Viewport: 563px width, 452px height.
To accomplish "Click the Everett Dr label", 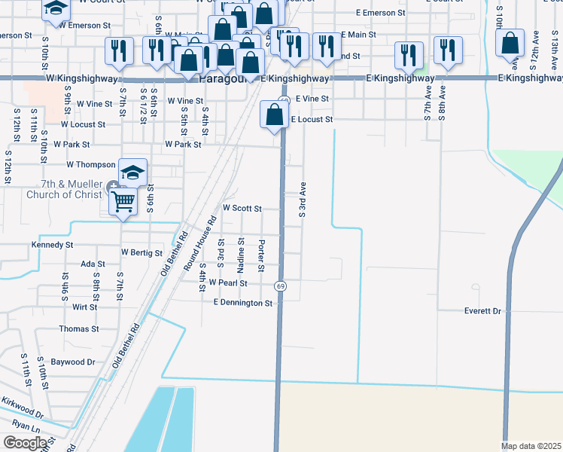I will [482, 310].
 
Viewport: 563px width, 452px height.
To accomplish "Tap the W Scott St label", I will [242, 208].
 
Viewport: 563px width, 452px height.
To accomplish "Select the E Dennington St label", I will [242, 303].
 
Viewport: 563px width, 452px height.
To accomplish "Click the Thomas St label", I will [79, 329].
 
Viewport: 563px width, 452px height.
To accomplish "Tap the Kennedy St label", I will [52, 245].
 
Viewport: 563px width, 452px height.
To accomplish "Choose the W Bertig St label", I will [142, 252].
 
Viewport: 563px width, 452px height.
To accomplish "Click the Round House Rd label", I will [200, 239].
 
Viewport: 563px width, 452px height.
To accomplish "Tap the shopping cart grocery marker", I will [123, 201].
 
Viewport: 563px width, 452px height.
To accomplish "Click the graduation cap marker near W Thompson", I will [132, 173].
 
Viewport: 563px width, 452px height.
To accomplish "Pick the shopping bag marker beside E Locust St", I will [274, 115].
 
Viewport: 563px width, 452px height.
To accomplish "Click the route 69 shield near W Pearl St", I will [280, 286].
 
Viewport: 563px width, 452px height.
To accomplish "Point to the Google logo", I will [25, 442].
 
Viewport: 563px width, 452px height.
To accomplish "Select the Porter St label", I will [261, 256].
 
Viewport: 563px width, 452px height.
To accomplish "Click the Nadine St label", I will [241, 255].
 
